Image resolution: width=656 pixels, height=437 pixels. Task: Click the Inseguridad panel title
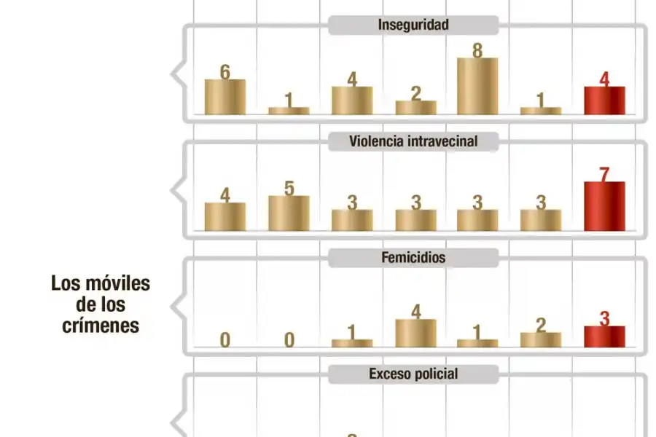point(413,25)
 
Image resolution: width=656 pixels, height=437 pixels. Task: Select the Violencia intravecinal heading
point(413,141)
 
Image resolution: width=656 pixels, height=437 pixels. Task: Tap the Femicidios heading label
point(413,257)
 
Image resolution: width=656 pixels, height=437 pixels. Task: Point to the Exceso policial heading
point(413,374)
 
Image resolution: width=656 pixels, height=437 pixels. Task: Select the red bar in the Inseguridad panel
point(604,101)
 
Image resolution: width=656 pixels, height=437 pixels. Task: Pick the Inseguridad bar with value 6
point(224,97)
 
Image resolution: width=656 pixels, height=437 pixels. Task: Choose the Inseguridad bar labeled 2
point(415,107)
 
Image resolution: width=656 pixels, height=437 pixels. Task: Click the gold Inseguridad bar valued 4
point(351,101)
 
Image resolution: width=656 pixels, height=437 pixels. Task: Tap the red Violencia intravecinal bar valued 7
point(604,206)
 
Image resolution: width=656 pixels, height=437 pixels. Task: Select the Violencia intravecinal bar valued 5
point(289,213)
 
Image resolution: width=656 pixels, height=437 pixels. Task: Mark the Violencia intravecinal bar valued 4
point(224,216)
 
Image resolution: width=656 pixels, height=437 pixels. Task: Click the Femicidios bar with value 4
point(415,333)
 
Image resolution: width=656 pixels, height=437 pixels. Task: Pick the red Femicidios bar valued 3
point(604,336)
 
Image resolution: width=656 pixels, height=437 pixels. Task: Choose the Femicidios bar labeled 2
point(541,339)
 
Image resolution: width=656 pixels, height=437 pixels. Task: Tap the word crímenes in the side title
point(101,326)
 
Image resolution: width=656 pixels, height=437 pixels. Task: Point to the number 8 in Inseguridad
point(477,50)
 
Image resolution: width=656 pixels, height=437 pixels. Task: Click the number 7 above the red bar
point(604,174)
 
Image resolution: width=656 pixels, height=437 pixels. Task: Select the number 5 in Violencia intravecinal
point(289,189)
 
